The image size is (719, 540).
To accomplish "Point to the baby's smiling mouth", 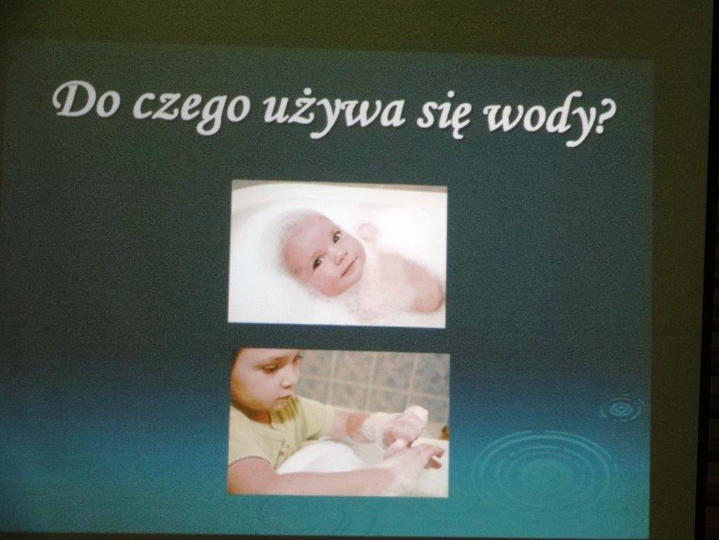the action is (350, 269).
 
